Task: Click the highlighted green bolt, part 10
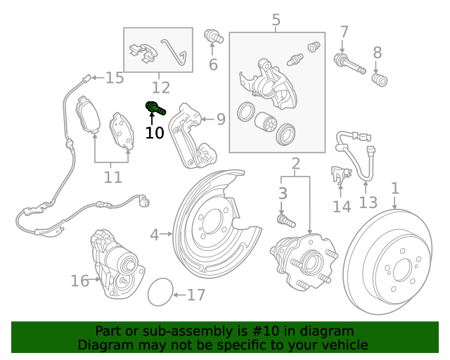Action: pos(155,108)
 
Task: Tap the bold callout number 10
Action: pos(155,132)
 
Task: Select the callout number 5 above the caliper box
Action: pos(276,20)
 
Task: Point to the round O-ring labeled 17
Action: pos(160,292)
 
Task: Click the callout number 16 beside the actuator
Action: pos(80,281)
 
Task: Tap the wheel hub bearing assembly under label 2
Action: pos(302,264)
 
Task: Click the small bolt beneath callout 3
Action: pos(283,220)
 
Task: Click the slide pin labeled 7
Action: pos(349,63)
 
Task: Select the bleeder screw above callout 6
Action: pos(212,37)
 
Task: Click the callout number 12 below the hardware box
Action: pos(160,88)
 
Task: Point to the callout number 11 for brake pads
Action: pos(112,177)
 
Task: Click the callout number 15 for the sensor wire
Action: pos(115,78)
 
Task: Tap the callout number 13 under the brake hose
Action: pos(368,203)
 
